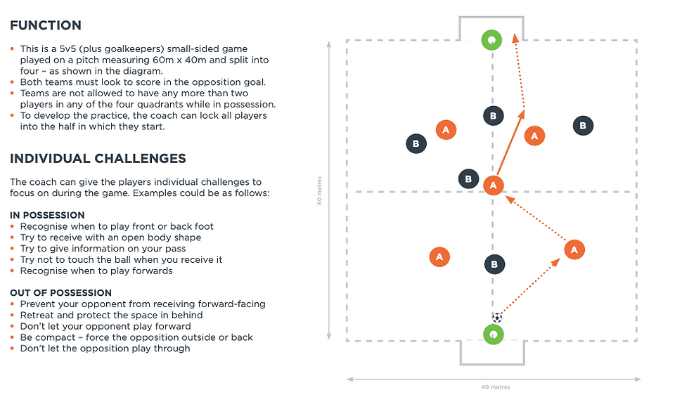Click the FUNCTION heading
(46, 25)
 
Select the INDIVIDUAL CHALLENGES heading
(98, 159)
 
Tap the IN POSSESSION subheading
(48, 215)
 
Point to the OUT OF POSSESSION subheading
(60, 293)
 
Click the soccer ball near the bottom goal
(497, 318)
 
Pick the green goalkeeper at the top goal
(491, 40)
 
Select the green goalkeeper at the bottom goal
(493, 334)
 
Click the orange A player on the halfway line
(494, 186)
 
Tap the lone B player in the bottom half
(494, 264)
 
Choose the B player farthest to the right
(583, 126)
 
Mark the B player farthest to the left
(416, 143)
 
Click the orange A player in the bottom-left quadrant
(439, 257)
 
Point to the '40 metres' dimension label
(496, 387)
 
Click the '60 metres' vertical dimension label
(319, 190)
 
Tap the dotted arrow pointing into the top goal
(519, 70)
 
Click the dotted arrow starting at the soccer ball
(529, 286)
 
